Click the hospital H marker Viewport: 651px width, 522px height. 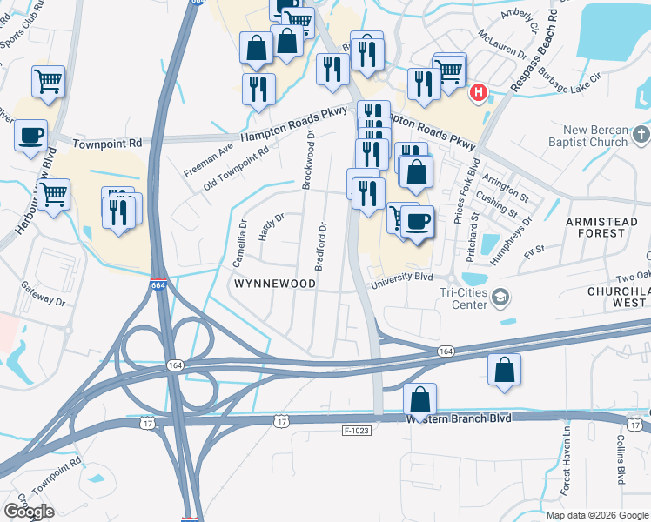(x=478, y=92)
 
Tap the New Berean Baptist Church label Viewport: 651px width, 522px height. (x=587, y=137)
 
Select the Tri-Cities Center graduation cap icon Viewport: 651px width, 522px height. (x=500, y=298)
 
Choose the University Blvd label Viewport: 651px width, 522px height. (x=401, y=278)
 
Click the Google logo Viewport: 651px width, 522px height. (x=29, y=512)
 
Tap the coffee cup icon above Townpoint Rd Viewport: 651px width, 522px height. (x=31, y=136)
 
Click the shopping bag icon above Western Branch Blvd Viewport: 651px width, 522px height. (x=419, y=400)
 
